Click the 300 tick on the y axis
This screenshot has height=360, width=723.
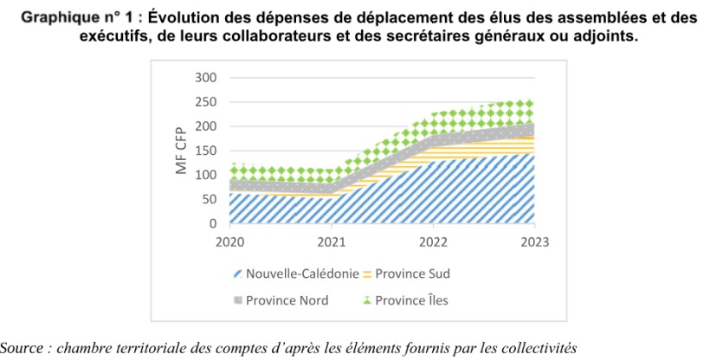(204, 78)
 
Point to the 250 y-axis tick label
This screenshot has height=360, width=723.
(204, 102)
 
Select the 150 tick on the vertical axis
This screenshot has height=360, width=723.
(204, 151)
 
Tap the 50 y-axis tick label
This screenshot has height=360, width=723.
(208, 199)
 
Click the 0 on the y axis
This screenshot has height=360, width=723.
(211, 223)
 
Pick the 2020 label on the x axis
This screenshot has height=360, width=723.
(229, 241)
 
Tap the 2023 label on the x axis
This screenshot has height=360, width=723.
(533, 241)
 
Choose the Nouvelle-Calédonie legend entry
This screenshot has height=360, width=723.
(301, 275)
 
